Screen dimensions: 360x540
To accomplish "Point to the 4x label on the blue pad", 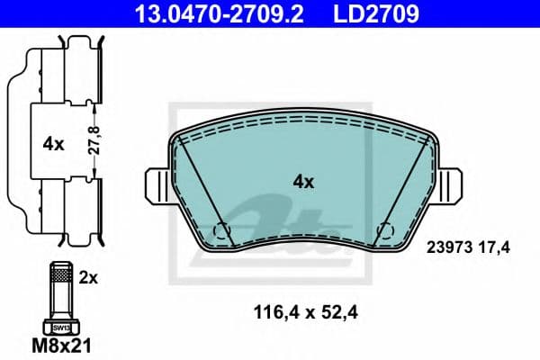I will [x=304, y=183].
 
